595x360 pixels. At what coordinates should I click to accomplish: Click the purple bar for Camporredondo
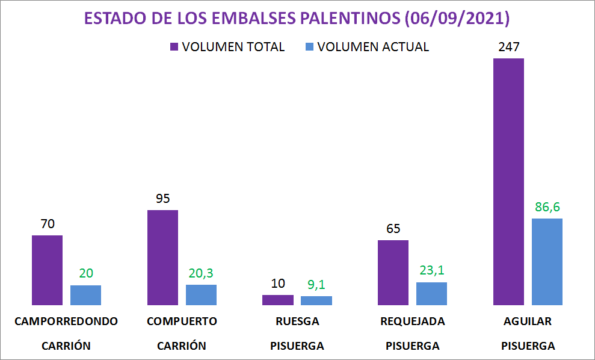click(x=47, y=270)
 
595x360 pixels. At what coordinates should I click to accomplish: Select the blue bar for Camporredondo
click(x=85, y=295)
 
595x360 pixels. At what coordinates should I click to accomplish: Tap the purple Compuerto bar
click(x=162, y=257)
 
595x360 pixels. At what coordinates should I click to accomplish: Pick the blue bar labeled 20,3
click(x=201, y=294)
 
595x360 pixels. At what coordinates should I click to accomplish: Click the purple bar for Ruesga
click(x=278, y=300)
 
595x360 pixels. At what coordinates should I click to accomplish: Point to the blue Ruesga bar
click(x=316, y=300)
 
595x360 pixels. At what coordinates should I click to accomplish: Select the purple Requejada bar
click(x=393, y=272)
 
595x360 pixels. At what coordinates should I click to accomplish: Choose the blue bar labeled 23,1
click(x=431, y=293)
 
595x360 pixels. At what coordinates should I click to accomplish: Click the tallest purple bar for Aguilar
click(x=508, y=181)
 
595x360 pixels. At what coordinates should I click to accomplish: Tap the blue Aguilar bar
click(x=547, y=261)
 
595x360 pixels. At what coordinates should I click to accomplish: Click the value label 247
click(x=508, y=47)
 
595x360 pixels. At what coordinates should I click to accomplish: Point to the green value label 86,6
click(x=547, y=207)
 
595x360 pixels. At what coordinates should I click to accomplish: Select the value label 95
click(x=162, y=199)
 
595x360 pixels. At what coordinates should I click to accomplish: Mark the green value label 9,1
click(x=316, y=284)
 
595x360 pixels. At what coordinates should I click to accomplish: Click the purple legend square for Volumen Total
click(x=174, y=47)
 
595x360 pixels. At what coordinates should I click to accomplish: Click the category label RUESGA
click(x=297, y=321)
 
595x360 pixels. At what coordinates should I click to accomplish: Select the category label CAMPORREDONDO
click(x=66, y=321)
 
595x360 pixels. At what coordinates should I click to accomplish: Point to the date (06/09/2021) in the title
click(x=457, y=19)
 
